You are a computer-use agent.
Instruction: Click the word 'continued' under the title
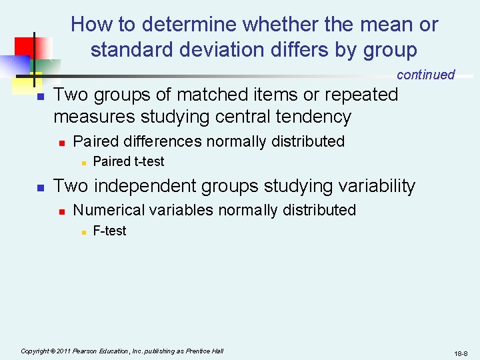point(425,75)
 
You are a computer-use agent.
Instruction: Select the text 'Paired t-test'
point(128,161)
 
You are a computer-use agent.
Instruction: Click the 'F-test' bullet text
point(109,231)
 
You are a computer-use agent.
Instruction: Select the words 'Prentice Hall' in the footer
point(205,351)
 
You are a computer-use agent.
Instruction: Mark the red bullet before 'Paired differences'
point(61,142)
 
